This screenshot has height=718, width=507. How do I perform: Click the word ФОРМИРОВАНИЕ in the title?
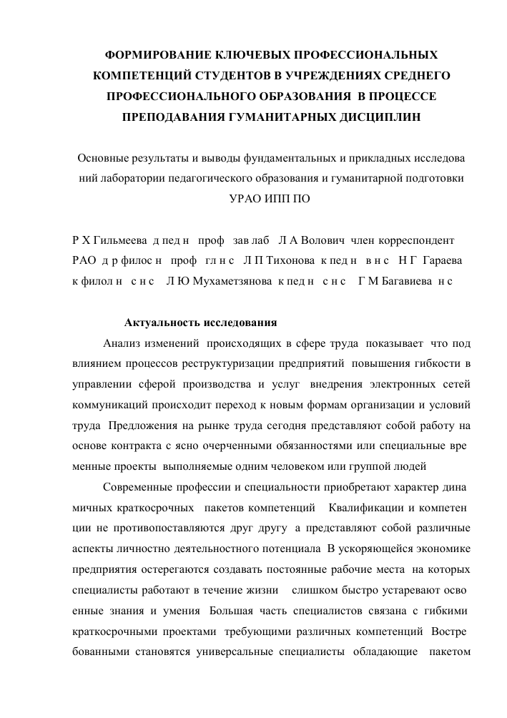click(148, 54)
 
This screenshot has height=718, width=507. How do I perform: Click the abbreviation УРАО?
click(246, 197)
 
